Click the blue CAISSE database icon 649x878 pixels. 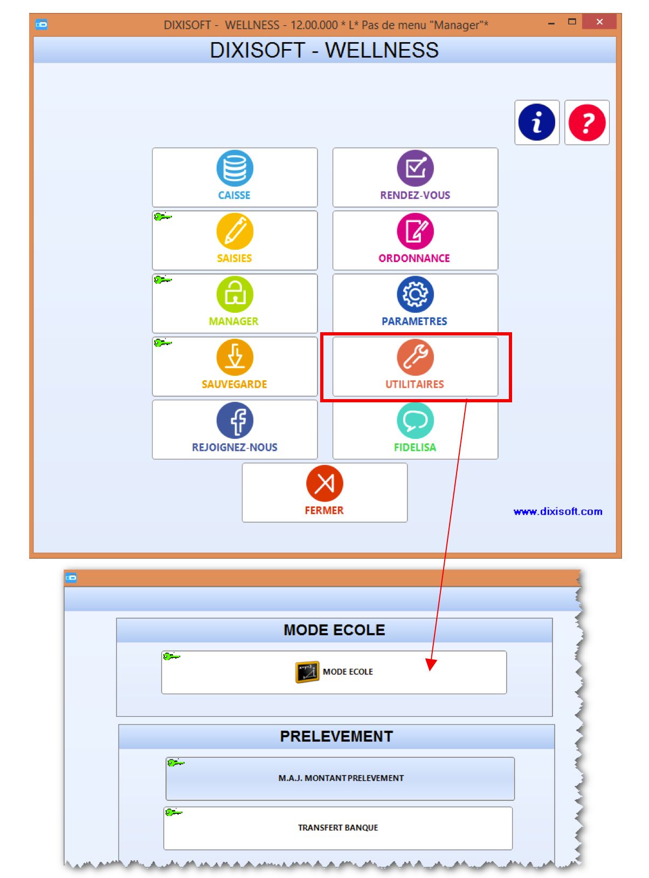click(x=234, y=168)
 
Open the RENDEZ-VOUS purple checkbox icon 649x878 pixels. click(x=415, y=168)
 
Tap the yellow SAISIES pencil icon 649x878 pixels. click(x=234, y=231)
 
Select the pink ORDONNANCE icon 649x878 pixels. click(x=415, y=231)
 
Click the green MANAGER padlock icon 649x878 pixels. click(x=234, y=294)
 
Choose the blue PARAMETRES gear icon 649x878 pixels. click(x=415, y=294)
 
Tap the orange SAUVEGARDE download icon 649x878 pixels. click(x=234, y=357)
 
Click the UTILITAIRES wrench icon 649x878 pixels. click(x=415, y=357)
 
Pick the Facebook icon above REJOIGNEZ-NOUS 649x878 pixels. click(x=234, y=420)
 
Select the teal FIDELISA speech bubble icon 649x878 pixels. click(x=415, y=420)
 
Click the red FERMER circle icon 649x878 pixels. click(x=324, y=483)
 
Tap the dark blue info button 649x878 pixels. click(x=537, y=122)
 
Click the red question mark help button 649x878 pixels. click(x=587, y=122)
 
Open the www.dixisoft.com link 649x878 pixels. click(x=557, y=511)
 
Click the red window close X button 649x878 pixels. click(x=599, y=22)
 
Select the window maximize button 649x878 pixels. click(x=572, y=22)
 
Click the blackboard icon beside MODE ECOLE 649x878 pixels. click(x=307, y=672)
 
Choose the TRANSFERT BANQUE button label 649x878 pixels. click(x=338, y=827)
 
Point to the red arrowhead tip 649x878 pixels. click(x=430, y=671)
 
